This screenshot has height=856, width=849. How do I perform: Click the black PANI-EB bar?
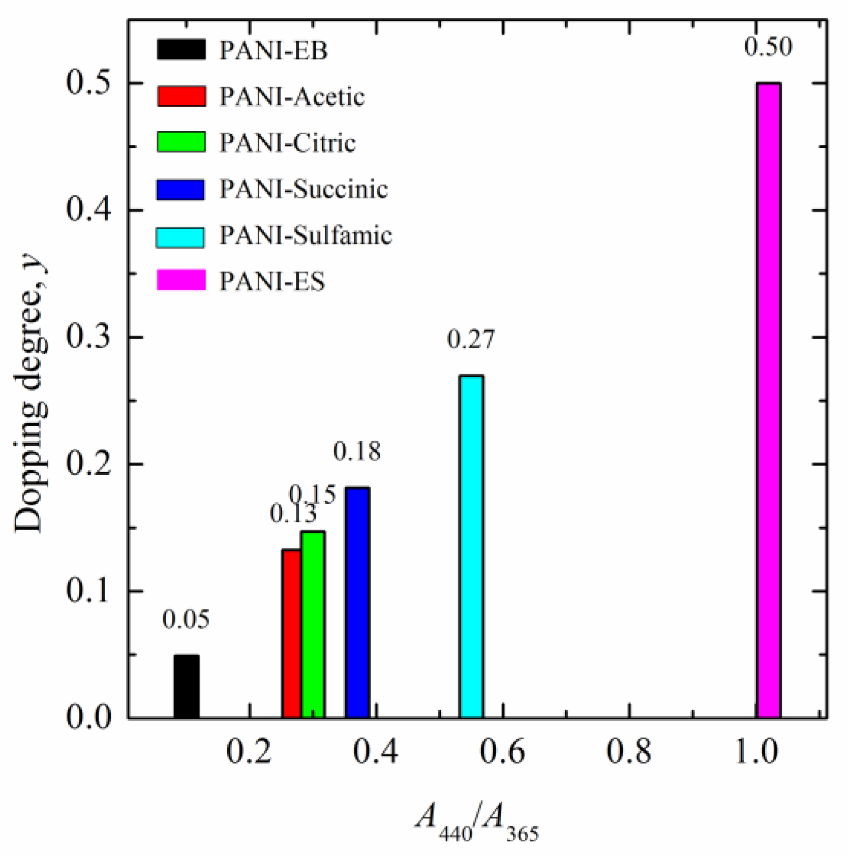tap(186, 686)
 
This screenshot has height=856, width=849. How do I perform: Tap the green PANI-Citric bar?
tap(312, 624)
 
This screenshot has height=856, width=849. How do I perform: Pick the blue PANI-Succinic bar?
tap(357, 602)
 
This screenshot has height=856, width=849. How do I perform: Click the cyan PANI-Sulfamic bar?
tap(471, 546)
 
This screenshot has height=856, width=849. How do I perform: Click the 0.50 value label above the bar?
tap(768, 47)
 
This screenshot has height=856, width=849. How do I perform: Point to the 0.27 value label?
tap(471, 339)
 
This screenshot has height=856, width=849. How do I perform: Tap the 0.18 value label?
tap(357, 451)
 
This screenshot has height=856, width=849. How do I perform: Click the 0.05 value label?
tap(186, 619)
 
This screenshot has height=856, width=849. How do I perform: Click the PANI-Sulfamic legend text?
tap(306, 235)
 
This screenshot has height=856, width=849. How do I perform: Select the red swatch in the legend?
tap(181, 96)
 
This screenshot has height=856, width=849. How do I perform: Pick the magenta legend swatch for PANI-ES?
tap(181, 280)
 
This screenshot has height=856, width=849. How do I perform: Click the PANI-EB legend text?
tap(274, 50)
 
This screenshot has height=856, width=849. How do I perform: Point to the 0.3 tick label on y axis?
tap(88, 337)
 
